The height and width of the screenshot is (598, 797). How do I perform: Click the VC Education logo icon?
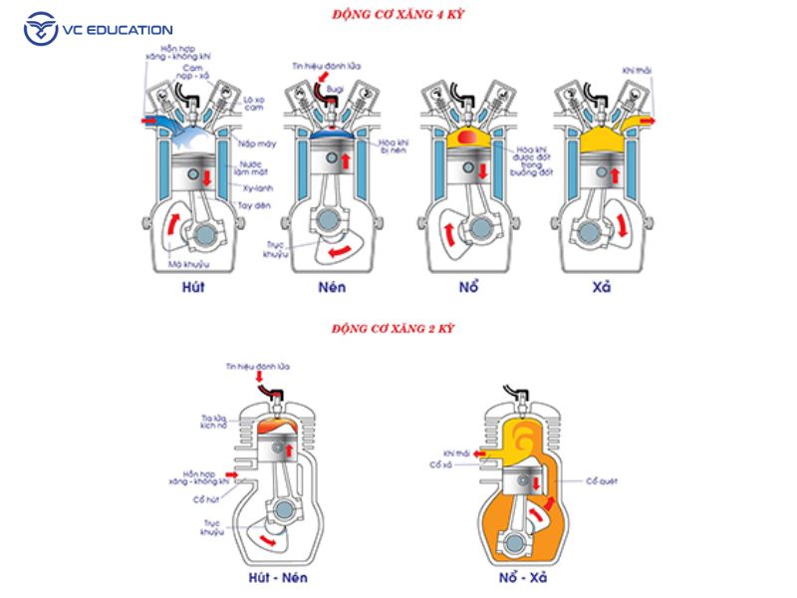pyautogui.click(x=42, y=29)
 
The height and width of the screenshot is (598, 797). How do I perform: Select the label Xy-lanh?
pyautogui.click(x=256, y=185)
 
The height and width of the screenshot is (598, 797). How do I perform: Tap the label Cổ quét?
pyautogui.click(x=604, y=480)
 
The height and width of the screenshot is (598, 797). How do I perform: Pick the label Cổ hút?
pyautogui.click(x=207, y=487)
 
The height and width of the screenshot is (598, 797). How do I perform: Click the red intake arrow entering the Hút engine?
pyautogui.click(x=147, y=120)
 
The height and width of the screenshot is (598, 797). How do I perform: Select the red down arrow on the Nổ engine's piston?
pyautogui.click(x=483, y=171)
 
